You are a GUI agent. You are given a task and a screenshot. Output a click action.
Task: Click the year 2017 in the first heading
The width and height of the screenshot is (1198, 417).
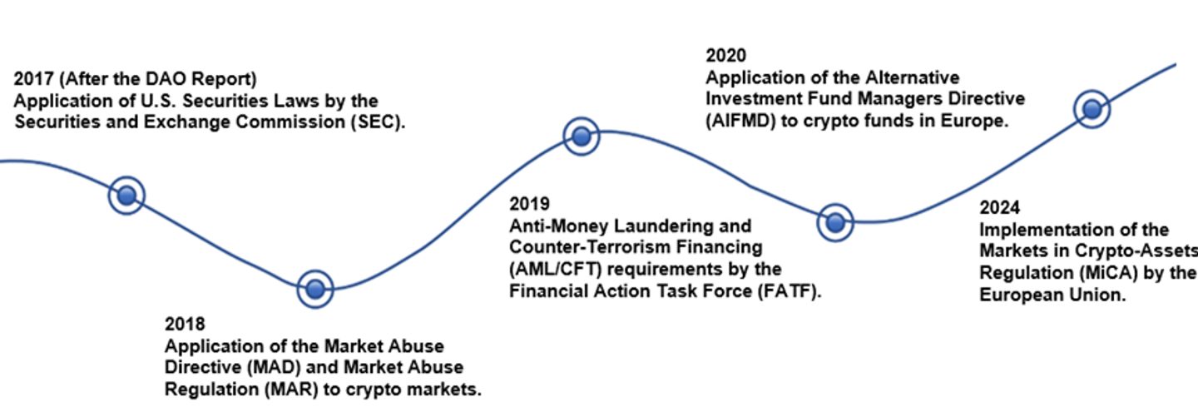tap(33, 79)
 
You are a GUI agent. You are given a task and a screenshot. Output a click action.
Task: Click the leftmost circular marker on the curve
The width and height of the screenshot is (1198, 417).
tap(126, 196)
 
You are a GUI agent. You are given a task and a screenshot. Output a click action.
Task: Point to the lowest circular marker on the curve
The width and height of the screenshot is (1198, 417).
tap(315, 289)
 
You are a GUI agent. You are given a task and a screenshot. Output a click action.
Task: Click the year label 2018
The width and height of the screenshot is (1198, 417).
tap(185, 324)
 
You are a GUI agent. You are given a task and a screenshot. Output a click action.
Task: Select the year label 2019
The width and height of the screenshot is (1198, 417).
tap(529, 204)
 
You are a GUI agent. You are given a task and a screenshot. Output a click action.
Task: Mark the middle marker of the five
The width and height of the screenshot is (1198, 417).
tap(582, 137)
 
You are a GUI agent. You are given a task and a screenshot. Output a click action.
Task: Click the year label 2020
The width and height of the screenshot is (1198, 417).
tap(725, 56)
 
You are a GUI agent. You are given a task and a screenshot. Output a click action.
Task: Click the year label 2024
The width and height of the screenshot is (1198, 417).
tap(1000, 208)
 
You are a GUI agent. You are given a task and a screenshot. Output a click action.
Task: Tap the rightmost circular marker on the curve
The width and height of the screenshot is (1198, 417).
tap(1092, 109)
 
